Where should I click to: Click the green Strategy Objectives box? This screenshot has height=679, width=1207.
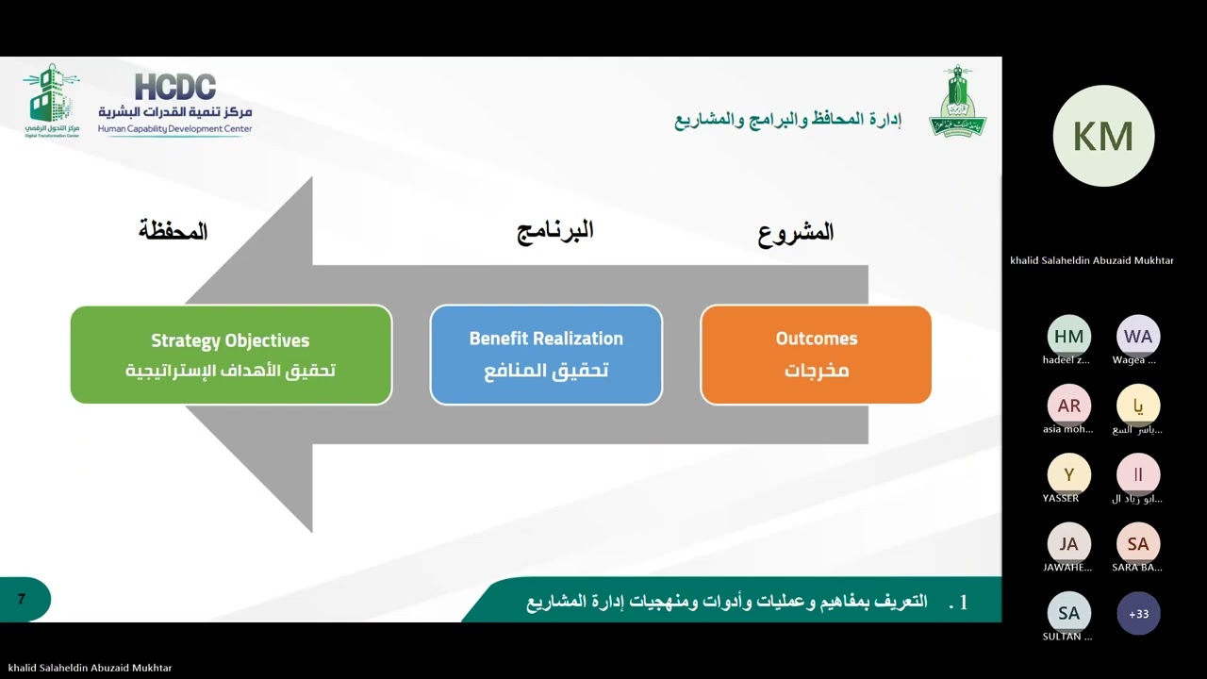pyautogui.click(x=231, y=355)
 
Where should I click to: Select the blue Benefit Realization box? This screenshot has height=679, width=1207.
pyautogui.click(x=546, y=355)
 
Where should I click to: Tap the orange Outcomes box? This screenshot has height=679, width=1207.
pyautogui.click(x=816, y=355)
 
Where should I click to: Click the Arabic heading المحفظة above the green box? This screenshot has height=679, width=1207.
pyautogui.click(x=174, y=230)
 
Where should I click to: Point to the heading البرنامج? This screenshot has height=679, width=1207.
pyautogui.click(x=555, y=230)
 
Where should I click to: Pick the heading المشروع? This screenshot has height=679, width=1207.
pyautogui.click(x=796, y=232)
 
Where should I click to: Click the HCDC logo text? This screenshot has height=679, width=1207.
pyautogui.click(x=175, y=88)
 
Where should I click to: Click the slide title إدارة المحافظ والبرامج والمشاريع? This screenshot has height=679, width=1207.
pyautogui.click(x=787, y=120)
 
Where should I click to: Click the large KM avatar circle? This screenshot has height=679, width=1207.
pyautogui.click(x=1103, y=137)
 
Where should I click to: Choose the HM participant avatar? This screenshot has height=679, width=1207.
pyautogui.click(x=1068, y=336)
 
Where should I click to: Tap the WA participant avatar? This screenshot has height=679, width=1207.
pyautogui.click(x=1138, y=336)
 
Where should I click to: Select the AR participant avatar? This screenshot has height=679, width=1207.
pyautogui.click(x=1068, y=406)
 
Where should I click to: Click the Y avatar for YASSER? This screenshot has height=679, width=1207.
pyautogui.click(x=1068, y=474)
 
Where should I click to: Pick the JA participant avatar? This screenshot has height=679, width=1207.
pyautogui.click(x=1068, y=544)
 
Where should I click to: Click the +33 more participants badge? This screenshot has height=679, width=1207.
pyautogui.click(x=1138, y=614)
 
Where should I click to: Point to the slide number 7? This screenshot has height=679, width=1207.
pyautogui.click(x=22, y=599)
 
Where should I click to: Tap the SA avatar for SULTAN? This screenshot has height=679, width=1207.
pyautogui.click(x=1068, y=614)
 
